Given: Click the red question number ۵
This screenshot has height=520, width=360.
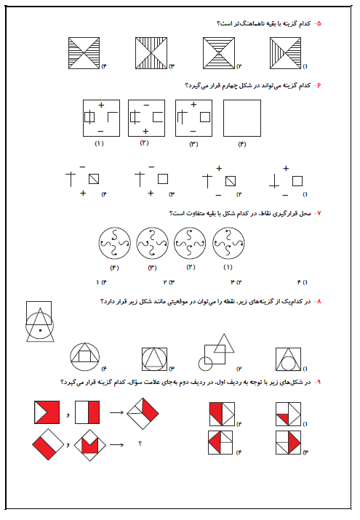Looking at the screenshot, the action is coord(319,23).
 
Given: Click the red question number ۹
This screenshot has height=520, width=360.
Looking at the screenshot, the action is coord(319,382).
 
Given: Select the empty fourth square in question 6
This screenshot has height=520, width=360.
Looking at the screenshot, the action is coord(242,118).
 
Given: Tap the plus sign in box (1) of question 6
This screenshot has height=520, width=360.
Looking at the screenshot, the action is coord(101,105).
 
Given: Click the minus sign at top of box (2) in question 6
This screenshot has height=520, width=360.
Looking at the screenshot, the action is coord(146,105).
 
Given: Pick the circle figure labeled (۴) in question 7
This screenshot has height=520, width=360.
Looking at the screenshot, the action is coord(114,243).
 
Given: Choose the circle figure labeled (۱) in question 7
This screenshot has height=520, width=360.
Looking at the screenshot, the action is coord(228,243).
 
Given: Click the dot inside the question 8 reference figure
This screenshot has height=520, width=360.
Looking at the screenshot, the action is coord(40,330).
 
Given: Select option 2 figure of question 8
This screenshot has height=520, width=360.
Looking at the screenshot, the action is coord(216,352).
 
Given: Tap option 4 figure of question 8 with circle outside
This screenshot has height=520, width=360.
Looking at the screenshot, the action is coord(85,357).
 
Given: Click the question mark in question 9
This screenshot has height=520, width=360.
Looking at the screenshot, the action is coord(140,444).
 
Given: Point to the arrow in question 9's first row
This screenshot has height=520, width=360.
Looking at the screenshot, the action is coord(116,412).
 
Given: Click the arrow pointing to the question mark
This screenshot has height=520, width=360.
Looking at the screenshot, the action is coord(116,444).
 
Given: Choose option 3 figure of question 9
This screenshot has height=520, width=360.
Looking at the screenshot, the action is coord(289,442).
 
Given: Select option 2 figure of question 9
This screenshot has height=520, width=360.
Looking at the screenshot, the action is coord(222,415).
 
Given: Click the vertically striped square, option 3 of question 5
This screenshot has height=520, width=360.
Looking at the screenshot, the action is coord(151,53).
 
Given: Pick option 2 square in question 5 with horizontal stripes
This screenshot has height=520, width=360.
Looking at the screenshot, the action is coord(219,53).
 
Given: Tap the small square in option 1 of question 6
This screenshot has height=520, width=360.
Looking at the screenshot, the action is coord(297,181).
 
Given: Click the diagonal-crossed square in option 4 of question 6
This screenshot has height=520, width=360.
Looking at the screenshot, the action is coord(94,179).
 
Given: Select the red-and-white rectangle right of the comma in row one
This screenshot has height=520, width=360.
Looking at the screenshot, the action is coord(87,412).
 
